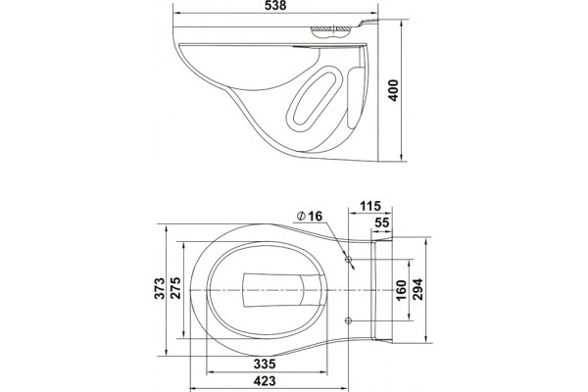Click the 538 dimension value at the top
pyautogui.click(x=275, y=5)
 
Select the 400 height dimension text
pyautogui.click(x=393, y=90)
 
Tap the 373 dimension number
pyautogui.click(x=160, y=288)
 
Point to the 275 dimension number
pyautogui.click(x=175, y=288)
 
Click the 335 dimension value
pyautogui.click(x=265, y=364)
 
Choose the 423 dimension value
pyautogui.click(x=265, y=381)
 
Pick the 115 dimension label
pyautogui.click(x=370, y=206)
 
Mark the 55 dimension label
pyautogui.click(x=382, y=222)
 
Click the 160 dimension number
pyautogui.click(x=401, y=290)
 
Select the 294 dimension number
pyautogui.click(x=417, y=289)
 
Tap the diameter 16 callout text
pyautogui.click(x=310, y=216)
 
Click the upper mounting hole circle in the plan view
pyautogui.click(x=348, y=259)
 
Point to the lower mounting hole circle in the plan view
pyautogui.click(x=348, y=320)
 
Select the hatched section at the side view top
pyautogui.click(x=331, y=28)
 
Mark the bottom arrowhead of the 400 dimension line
pyautogui.click(x=401, y=158)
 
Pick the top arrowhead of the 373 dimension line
pyautogui.click(x=166, y=228)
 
